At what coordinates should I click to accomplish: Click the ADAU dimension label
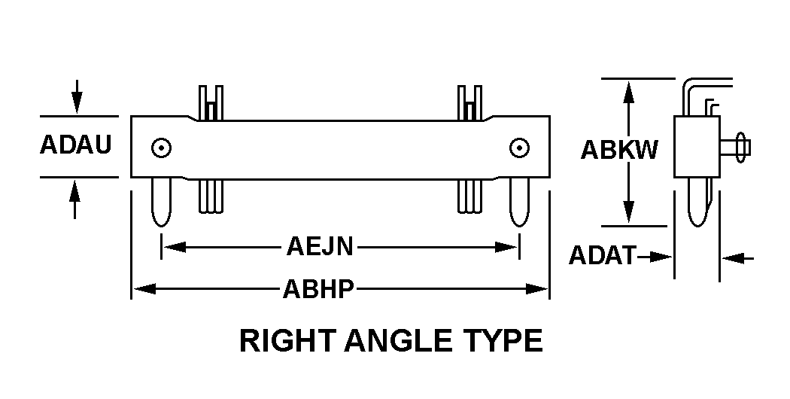[x=75, y=145]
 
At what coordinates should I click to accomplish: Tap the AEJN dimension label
[x=320, y=247]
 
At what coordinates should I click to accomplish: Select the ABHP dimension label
[x=319, y=289]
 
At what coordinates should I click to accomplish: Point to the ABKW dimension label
[x=619, y=150]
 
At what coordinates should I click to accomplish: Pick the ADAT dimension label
[x=603, y=256]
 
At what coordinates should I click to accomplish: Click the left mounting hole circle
[x=161, y=148]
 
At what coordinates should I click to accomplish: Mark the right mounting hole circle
[x=519, y=148]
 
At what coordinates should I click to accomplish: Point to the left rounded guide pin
[x=161, y=202]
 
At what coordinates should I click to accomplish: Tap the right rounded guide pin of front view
[x=519, y=202]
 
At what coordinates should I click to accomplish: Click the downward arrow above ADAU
[x=77, y=96]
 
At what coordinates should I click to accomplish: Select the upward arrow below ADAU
[x=75, y=200]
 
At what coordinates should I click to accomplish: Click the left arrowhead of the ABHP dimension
[x=144, y=289]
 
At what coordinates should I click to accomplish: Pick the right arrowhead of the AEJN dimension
[x=506, y=247]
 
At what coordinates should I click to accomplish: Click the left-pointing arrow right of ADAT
[x=738, y=258]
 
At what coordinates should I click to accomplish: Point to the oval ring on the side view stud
[x=740, y=148]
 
